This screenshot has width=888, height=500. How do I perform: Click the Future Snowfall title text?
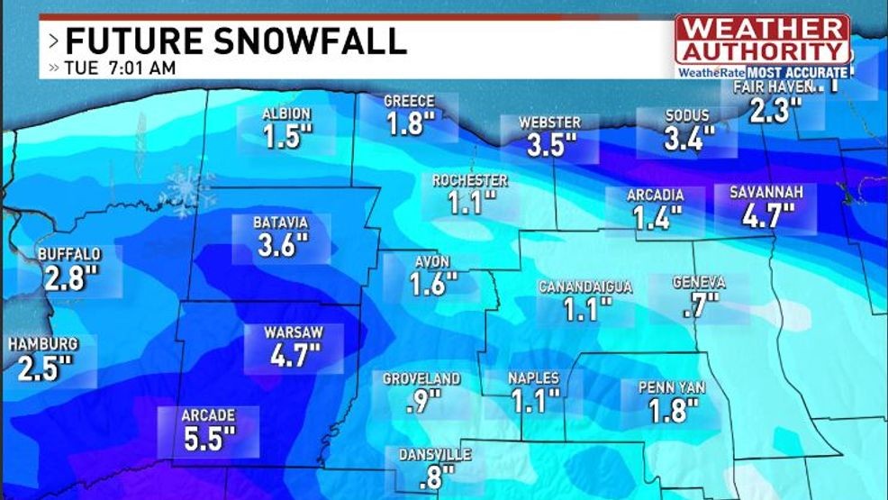click(236, 41)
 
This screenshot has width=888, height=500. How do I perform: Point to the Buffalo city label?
click(69, 255)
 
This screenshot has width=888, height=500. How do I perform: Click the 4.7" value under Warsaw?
click(295, 355)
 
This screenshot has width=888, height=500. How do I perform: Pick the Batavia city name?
click(282, 223)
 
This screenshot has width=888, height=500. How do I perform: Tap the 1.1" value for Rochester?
click(470, 204)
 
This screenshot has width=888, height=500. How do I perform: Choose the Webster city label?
click(550, 123)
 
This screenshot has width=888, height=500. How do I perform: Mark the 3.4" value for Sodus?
click(689, 139)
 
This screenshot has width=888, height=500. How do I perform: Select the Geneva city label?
click(699, 283)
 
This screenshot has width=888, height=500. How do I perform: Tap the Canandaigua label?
click(585, 287)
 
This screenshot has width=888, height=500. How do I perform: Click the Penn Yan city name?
click(671, 388)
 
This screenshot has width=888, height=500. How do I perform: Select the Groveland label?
click(421, 379)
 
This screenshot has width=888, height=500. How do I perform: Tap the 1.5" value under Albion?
click(287, 137)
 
